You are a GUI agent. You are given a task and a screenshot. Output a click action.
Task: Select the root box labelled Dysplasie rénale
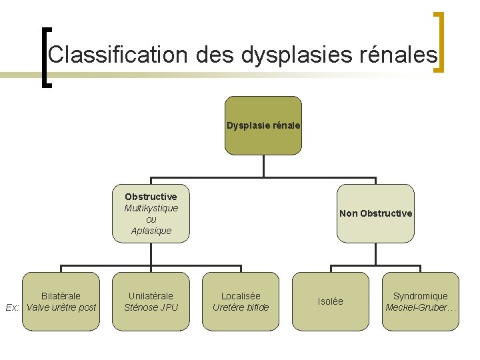[263, 125]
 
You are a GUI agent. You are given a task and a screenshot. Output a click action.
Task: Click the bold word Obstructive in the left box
[151, 197]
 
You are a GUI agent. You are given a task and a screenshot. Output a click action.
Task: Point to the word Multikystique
[151, 208]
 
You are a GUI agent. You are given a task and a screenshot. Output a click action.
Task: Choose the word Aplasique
[151, 231]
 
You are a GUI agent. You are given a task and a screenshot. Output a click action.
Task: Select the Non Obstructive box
[375, 213]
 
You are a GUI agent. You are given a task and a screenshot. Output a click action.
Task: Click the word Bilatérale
[61, 296]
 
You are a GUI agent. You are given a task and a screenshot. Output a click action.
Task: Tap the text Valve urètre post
[61, 307]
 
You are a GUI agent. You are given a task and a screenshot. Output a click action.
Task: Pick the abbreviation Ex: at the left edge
[12, 307]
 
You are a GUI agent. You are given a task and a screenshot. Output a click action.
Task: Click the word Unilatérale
[151, 296]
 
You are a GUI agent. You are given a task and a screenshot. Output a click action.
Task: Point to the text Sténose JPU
[151, 307]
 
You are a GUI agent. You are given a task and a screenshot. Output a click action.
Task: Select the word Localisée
[241, 296]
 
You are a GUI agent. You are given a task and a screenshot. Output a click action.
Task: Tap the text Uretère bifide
[241, 307]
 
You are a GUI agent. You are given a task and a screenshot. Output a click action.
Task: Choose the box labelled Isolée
[331, 301]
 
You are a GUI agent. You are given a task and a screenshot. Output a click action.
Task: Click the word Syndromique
[421, 296]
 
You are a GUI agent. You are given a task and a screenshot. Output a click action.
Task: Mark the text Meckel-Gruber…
[421, 307]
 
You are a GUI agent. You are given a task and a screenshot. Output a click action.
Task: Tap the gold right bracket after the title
[439, 41]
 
